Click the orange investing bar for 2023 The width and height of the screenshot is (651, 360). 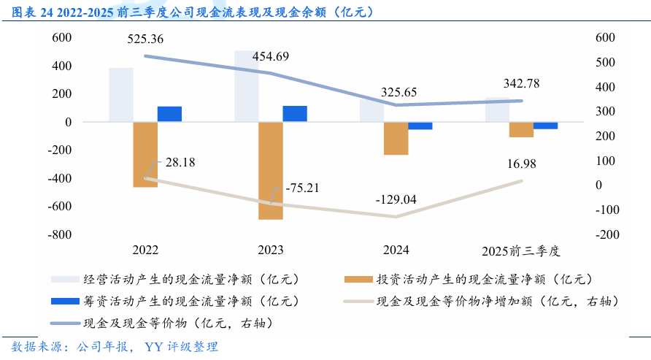(x=271, y=171)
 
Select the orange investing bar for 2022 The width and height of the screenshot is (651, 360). (x=145, y=155)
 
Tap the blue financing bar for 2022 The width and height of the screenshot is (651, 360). (x=169, y=114)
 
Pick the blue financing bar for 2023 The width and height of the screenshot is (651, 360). (x=295, y=113)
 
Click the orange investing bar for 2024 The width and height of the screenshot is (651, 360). (x=396, y=139)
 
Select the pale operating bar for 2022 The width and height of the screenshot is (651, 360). (x=121, y=95)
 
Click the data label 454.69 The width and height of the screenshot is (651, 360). (x=271, y=56)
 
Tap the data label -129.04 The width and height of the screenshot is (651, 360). (x=396, y=199)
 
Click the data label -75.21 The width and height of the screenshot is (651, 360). (x=301, y=188)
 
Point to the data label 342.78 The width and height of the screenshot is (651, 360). (x=521, y=83)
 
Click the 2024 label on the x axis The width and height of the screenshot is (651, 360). (x=396, y=250)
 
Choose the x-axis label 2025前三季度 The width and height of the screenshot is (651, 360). (x=521, y=250)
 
